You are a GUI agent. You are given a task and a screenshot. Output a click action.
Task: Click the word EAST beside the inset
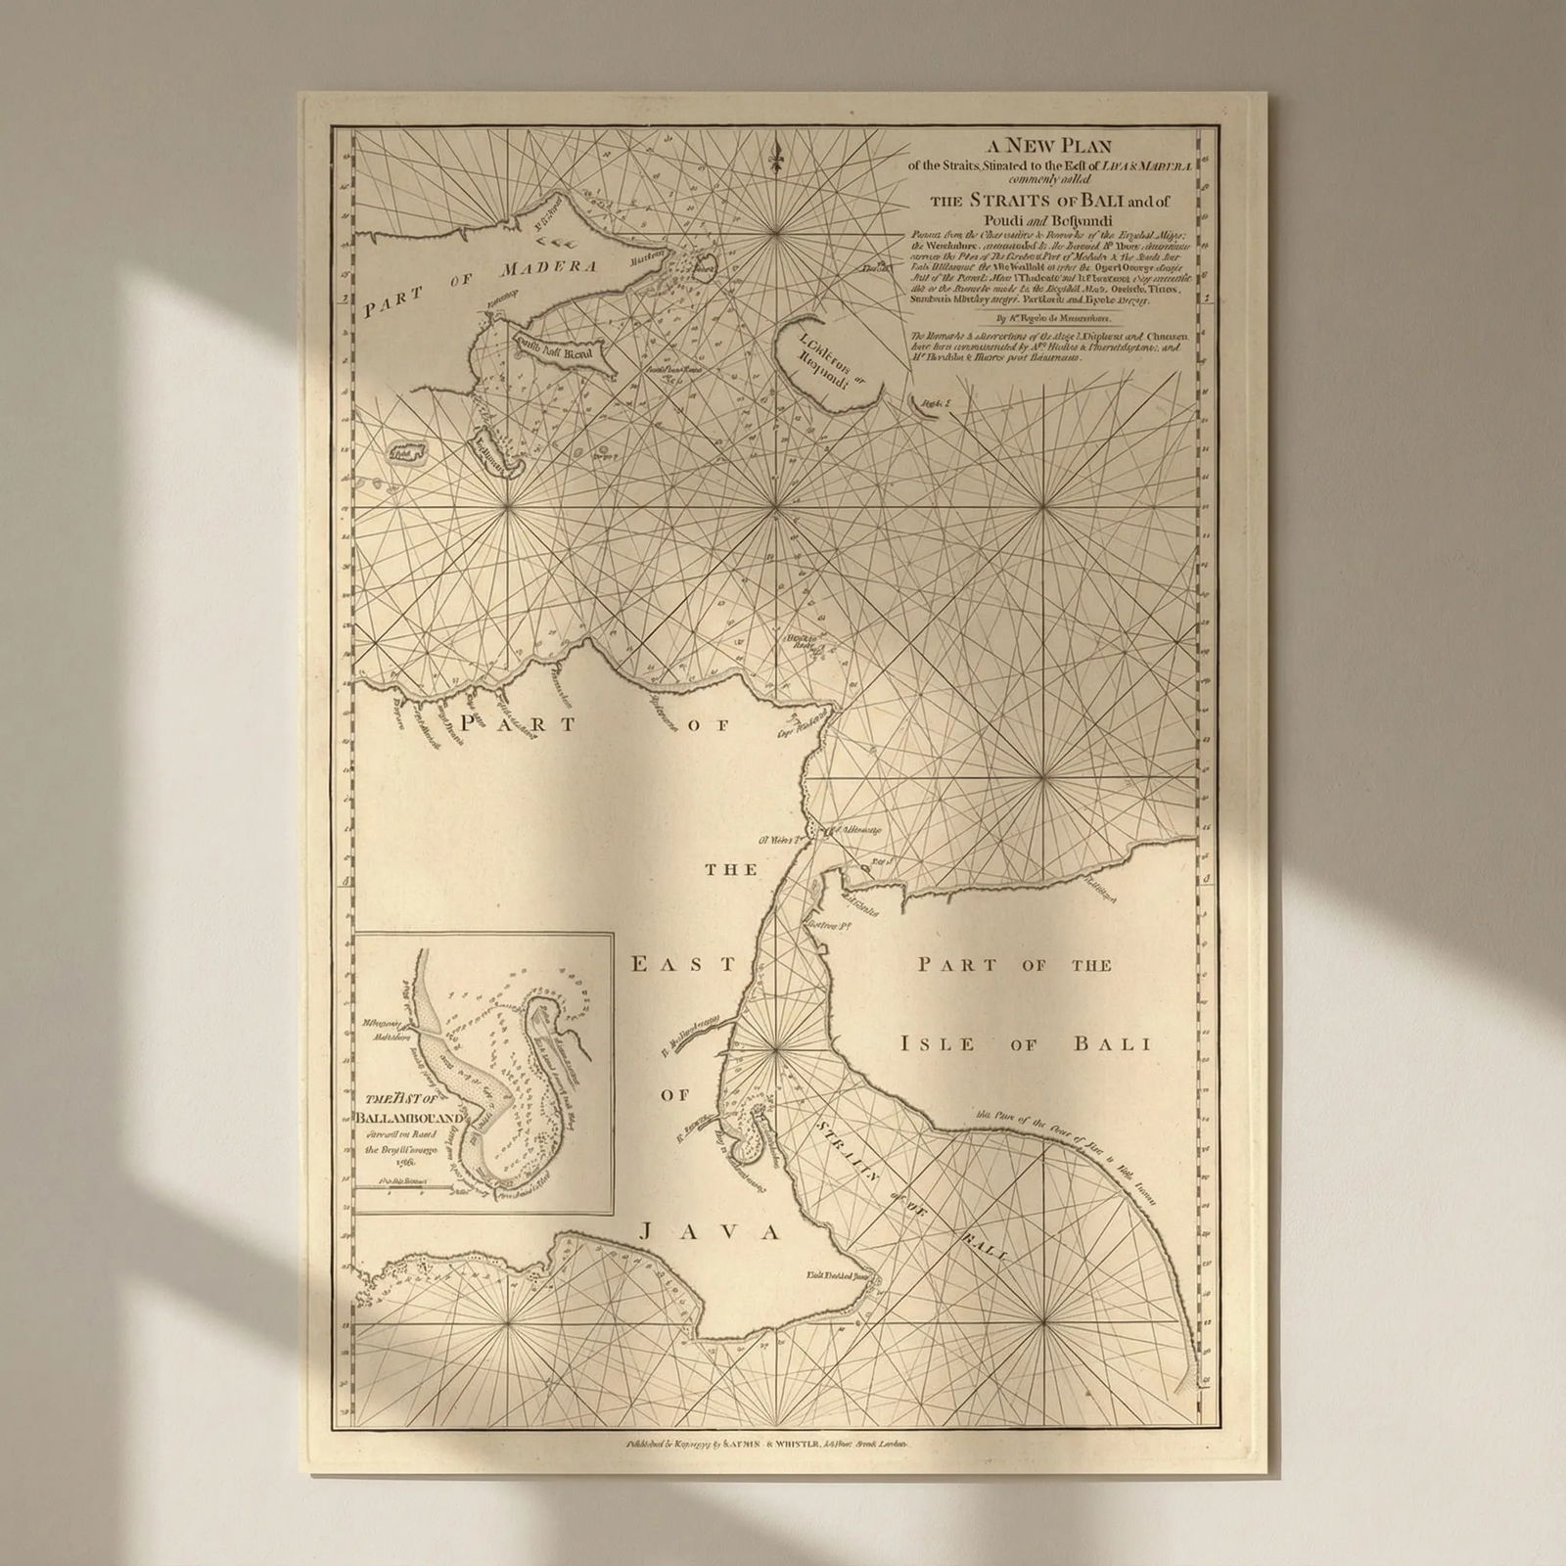pos(681,964)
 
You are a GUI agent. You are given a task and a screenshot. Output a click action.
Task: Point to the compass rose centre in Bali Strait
pos(777,1048)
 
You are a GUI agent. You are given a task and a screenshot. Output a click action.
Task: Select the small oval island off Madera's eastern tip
pos(706,263)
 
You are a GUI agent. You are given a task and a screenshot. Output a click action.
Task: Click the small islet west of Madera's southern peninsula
pos(405,451)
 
